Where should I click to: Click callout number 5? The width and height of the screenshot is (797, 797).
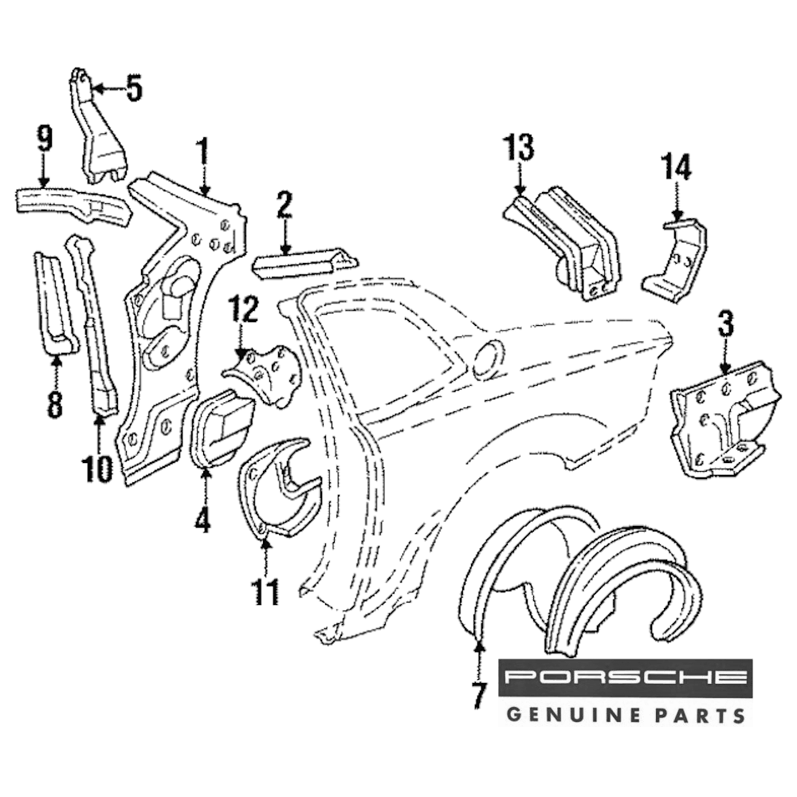[134, 88]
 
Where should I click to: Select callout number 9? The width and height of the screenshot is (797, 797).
[44, 140]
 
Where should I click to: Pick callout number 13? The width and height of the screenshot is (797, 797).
[518, 148]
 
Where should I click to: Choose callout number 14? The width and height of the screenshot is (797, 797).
[676, 167]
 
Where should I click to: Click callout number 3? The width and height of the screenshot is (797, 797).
[725, 324]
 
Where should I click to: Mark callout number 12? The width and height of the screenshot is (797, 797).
[243, 309]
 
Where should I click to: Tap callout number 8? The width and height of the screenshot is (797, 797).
[54, 403]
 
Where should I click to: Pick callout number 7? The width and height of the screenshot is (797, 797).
[477, 695]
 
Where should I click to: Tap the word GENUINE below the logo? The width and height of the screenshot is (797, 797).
[565, 713]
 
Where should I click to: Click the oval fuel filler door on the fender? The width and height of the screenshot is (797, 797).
[488, 359]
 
